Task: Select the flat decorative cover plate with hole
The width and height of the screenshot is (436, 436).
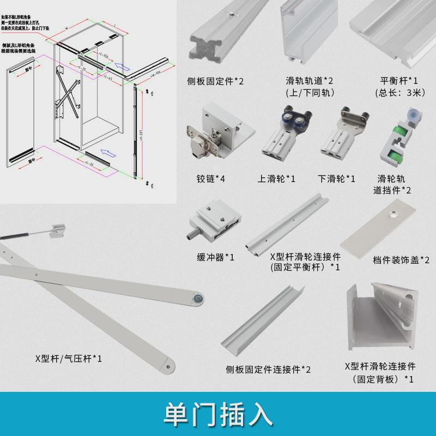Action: (x=385, y=226)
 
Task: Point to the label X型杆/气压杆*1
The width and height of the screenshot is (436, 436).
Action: (x=69, y=359)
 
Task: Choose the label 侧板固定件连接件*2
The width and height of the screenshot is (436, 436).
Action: (x=268, y=370)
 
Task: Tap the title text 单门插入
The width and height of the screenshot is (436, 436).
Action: (x=218, y=415)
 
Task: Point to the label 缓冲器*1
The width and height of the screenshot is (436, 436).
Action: (x=215, y=257)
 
